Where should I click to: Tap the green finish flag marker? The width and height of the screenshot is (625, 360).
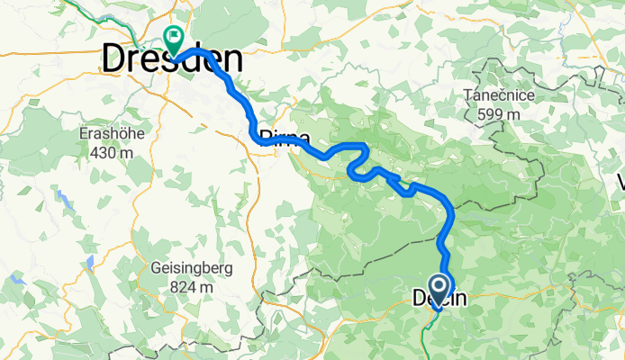[x=171, y=39]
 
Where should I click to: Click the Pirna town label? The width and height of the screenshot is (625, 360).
[x=285, y=139]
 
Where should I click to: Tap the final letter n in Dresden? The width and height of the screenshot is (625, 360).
[x=232, y=60]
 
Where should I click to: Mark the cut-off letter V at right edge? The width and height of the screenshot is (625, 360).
[x=620, y=184]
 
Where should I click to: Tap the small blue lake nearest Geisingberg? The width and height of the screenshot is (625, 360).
[x=90, y=263]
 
